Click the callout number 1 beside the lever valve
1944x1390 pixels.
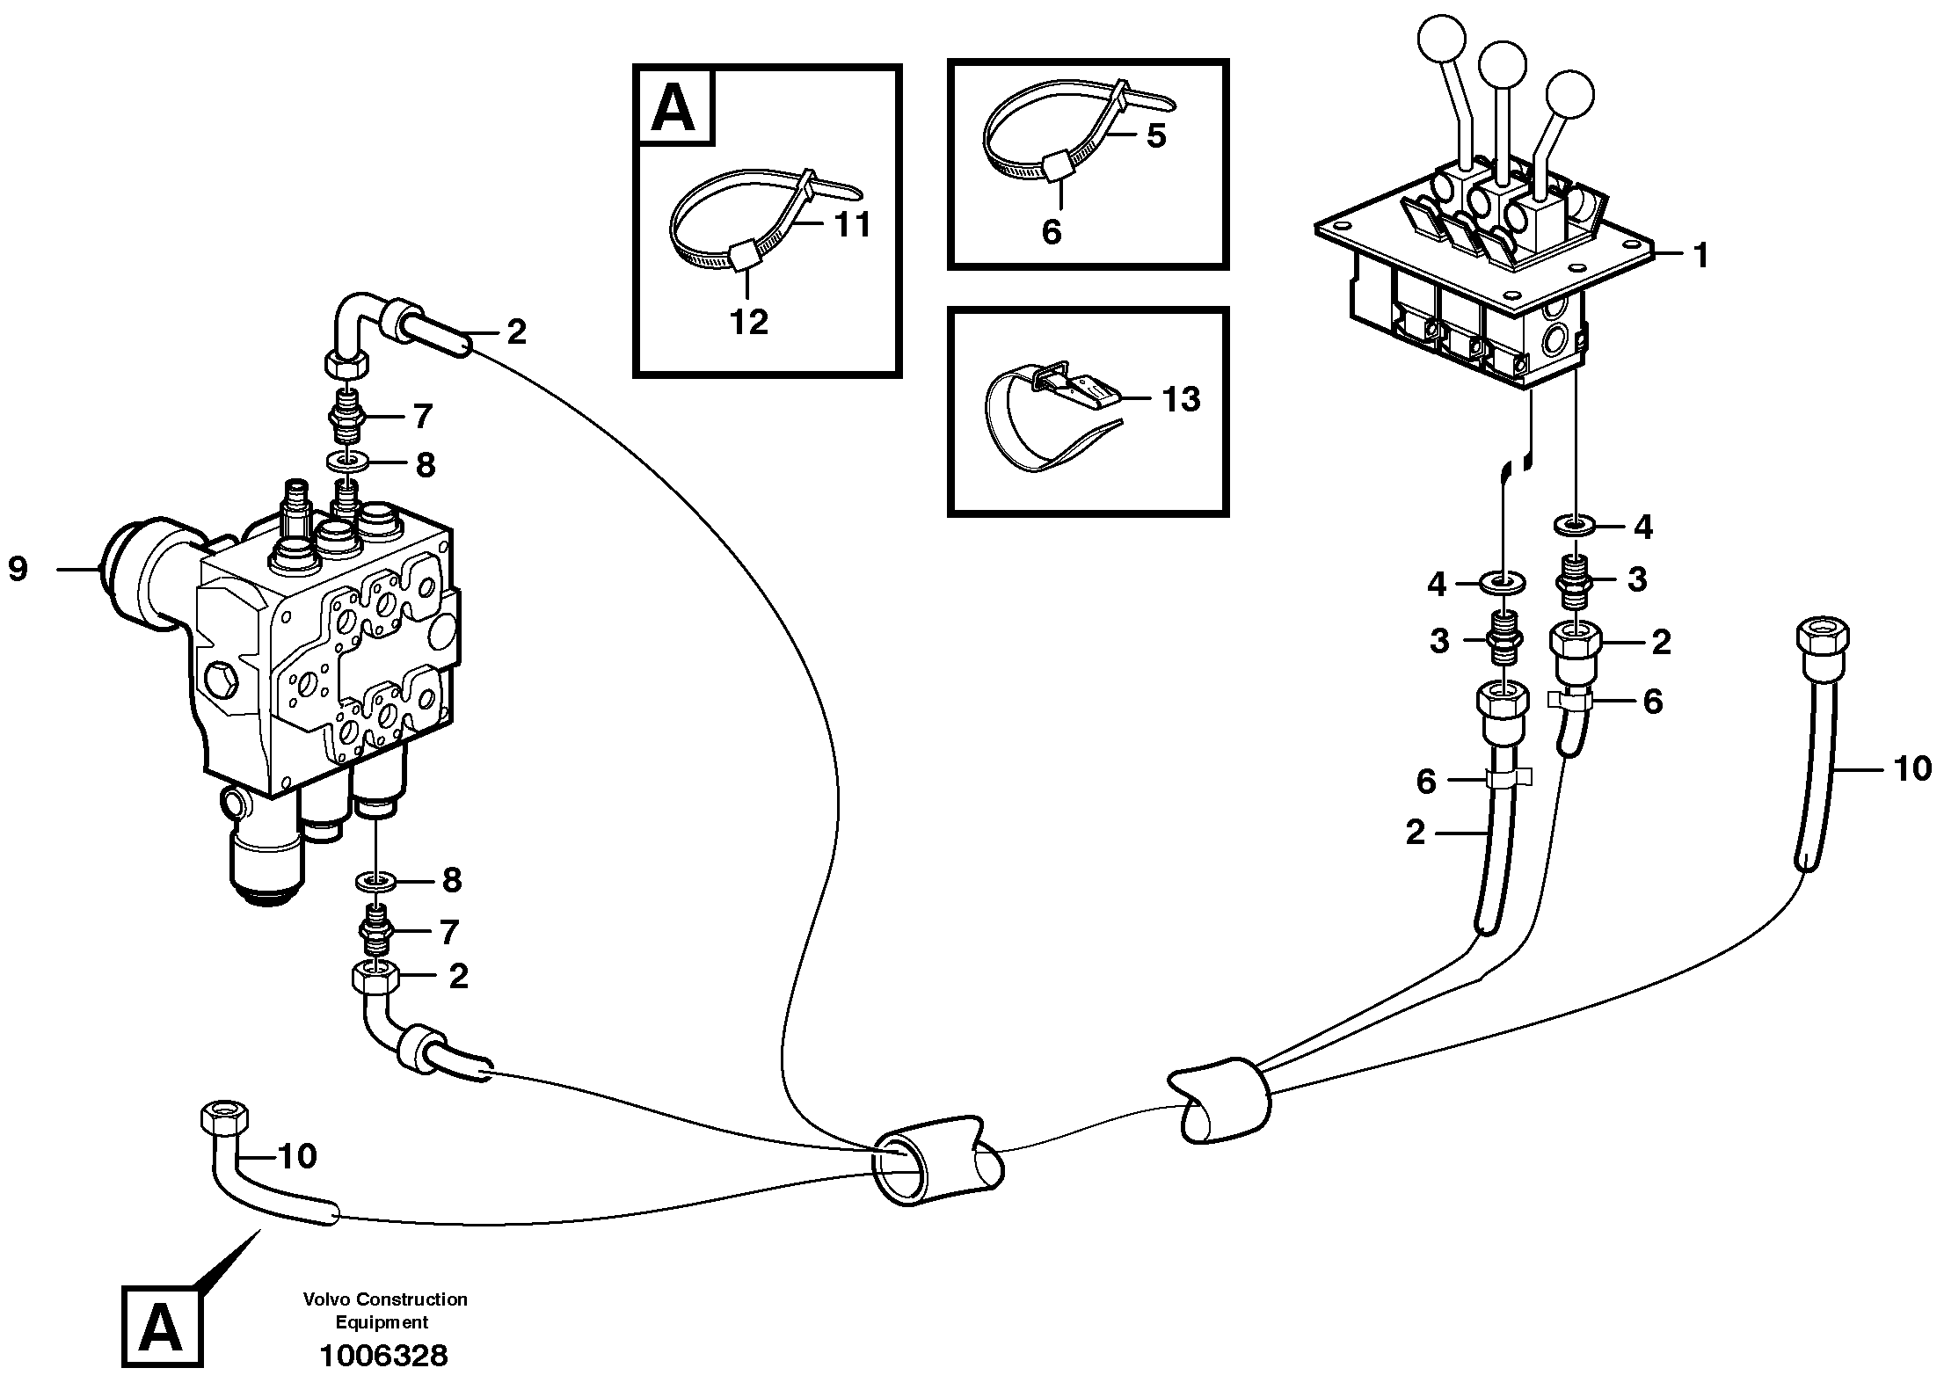click(1700, 256)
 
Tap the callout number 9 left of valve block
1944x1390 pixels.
click(18, 569)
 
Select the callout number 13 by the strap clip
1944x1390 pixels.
click(1181, 399)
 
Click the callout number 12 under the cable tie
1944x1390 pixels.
click(749, 322)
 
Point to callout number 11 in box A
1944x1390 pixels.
click(851, 224)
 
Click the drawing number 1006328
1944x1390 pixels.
click(383, 1355)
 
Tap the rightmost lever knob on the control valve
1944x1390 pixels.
click(1569, 94)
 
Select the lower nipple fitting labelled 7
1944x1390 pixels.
click(376, 935)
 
